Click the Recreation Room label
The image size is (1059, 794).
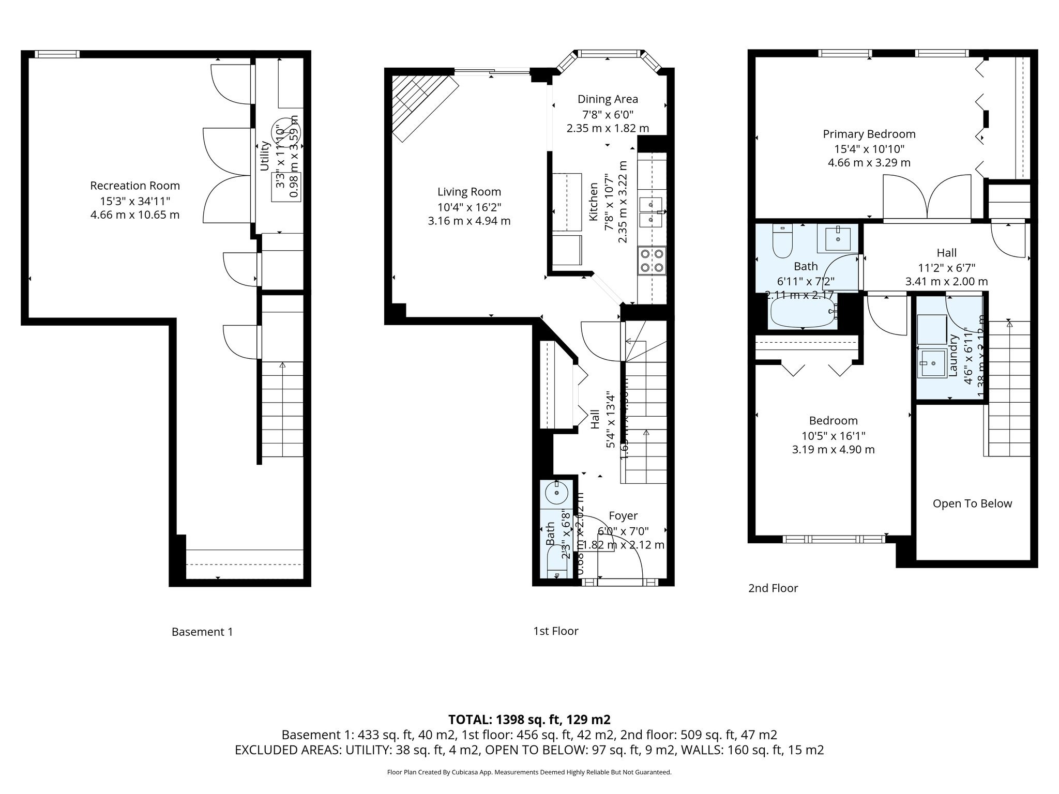[135, 186]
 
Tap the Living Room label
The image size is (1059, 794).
[469, 192]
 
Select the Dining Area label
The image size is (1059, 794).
[608, 99]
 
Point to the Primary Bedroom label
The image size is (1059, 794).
[869, 134]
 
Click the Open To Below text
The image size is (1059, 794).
[972, 503]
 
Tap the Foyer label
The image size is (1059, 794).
[623, 516]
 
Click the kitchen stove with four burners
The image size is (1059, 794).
[652, 261]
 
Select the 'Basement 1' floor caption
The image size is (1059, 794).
[202, 632]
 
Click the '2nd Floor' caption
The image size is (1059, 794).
[773, 588]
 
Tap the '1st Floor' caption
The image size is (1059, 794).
[555, 631]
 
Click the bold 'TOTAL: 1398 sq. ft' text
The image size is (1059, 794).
[529, 720]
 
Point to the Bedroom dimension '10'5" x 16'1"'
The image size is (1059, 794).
[833, 435]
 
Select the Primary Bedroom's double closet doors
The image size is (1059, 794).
[927, 198]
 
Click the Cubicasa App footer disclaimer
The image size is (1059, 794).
[529, 772]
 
